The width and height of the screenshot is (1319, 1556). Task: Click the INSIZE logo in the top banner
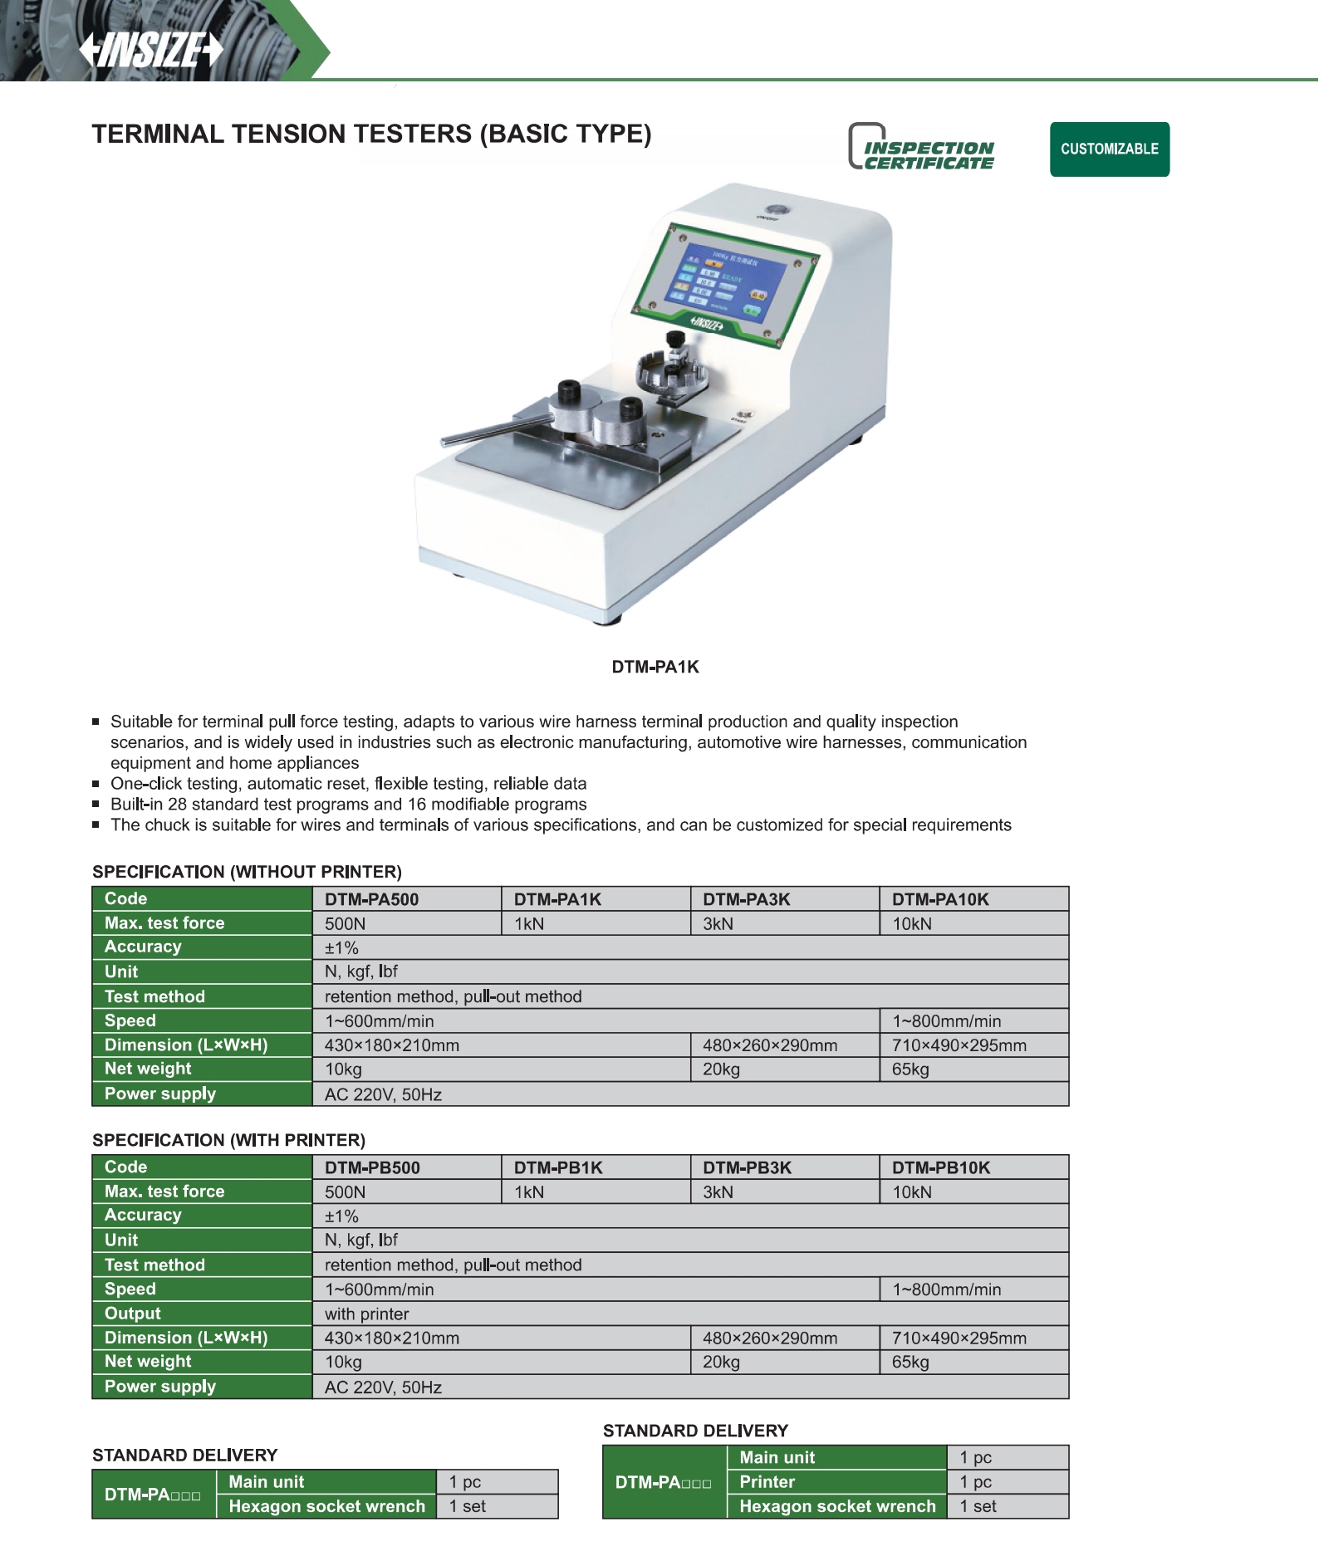tap(151, 50)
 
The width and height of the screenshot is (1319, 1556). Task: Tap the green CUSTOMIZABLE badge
tap(1109, 149)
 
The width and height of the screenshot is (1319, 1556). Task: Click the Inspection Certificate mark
tap(922, 148)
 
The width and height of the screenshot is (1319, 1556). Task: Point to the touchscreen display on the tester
tap(721, 281)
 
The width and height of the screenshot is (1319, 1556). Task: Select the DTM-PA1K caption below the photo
tap(655, 667)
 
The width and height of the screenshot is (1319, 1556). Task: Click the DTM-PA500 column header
tap(372, 899)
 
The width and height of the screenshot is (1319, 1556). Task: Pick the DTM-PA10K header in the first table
tap(940, 899)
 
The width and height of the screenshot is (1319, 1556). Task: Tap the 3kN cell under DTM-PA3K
tap(718, 924)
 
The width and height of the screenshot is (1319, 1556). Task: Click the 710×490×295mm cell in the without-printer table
tap(959, 1045)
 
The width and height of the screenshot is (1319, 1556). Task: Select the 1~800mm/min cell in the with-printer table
tap(947, 1289)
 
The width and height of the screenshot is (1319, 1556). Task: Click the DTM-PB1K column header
tap(558, 1167)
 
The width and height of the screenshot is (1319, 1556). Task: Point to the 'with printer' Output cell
tap(367, 1314)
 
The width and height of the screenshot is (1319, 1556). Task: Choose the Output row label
tap(133, 1314)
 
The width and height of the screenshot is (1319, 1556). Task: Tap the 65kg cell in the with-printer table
tap(911, 1362)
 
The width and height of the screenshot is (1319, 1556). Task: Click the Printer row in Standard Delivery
tap(767, 1482)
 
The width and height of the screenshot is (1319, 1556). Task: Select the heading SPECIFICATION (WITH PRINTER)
tap(228, 1140)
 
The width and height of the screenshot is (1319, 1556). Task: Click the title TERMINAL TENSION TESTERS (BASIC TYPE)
tap(371, 135)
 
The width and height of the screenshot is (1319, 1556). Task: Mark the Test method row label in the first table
tap(154, 996)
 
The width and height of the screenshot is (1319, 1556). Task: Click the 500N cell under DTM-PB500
tap(346, 1192)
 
